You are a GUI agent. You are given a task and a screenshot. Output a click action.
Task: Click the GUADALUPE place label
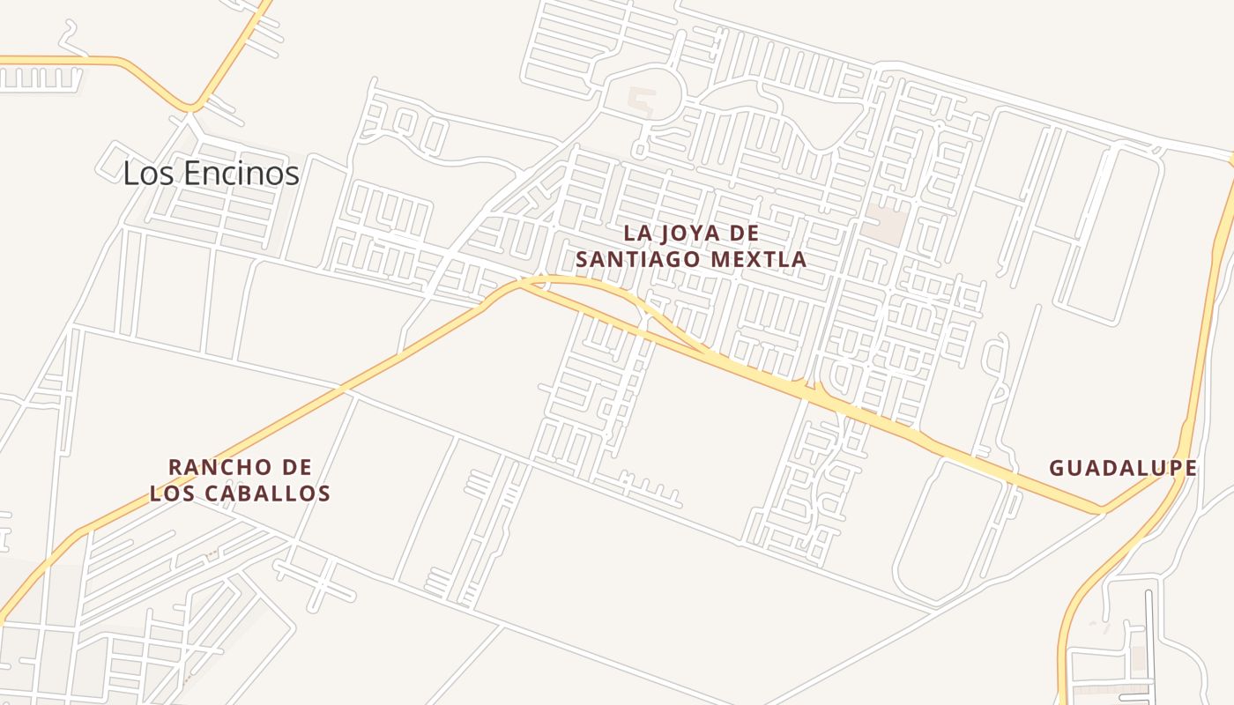click(x=1122, y=468)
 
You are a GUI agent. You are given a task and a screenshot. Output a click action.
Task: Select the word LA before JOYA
click(x=637, y=234)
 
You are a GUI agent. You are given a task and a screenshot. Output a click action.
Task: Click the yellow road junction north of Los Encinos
click(x=191, y=108)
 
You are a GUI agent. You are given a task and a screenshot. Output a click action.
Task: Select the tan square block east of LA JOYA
click(x=884, y=224)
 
